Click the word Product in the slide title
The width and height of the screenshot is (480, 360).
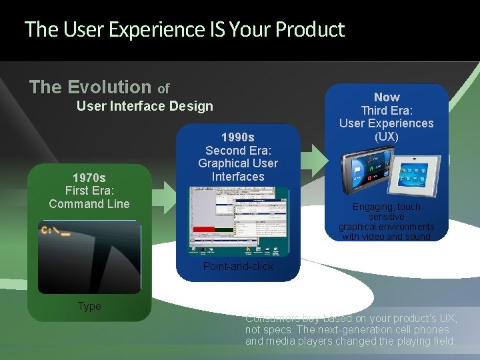[309, 30]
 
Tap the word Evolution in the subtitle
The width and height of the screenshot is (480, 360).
[109, 87]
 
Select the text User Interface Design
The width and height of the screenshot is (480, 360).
[145, 106]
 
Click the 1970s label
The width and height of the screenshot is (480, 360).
[89, 178]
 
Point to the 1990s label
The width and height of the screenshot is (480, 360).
[238, 137]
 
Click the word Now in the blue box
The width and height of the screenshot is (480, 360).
[387, 97]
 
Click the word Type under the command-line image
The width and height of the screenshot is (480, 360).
[89, 306]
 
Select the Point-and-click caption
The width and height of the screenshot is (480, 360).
[238, 266]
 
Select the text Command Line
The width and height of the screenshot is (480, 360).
[89, 204]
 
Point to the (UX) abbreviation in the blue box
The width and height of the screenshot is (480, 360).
[387, 137]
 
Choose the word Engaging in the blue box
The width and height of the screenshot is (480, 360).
[376, 207]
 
